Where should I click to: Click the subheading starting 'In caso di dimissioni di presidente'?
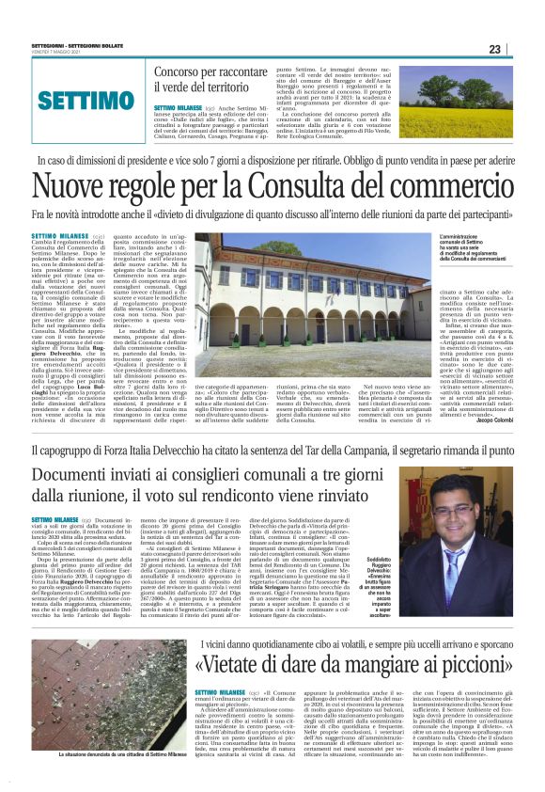click(x=272, y=161)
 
